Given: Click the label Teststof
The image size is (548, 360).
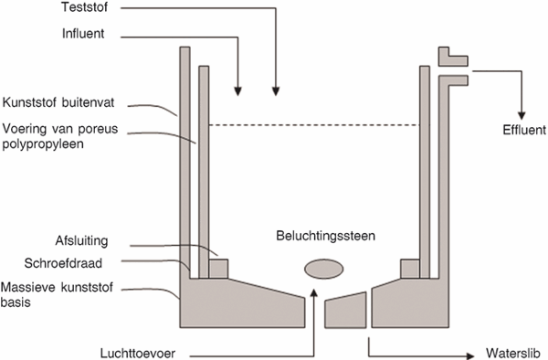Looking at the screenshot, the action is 85,7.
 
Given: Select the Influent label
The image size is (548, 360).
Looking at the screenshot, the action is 83,34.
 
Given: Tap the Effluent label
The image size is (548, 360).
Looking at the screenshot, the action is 524,130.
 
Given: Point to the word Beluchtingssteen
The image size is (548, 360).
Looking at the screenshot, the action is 326,236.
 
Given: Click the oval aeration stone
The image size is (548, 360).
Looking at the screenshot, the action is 324,269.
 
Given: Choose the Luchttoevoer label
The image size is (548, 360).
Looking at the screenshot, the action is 138,353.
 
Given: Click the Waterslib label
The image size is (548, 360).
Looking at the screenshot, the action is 512,353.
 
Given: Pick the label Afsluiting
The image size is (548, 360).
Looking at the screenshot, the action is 82,241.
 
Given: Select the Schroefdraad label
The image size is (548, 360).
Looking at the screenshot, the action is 63,263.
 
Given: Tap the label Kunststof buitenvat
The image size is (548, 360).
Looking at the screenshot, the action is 58,102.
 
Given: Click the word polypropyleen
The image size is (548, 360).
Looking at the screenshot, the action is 43,144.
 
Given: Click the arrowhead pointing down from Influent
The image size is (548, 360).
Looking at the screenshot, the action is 238,90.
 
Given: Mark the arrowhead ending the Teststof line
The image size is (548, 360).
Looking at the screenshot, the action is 276,90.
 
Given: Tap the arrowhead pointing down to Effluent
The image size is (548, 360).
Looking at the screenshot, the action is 522,115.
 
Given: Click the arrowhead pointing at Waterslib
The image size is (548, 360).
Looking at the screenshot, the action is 469,356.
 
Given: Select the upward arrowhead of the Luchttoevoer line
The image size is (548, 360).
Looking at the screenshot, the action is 314,293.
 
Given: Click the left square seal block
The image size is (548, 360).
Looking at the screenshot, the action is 218,269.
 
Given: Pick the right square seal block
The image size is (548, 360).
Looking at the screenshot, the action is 410,269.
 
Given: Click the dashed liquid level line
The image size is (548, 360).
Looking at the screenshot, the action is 314,125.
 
